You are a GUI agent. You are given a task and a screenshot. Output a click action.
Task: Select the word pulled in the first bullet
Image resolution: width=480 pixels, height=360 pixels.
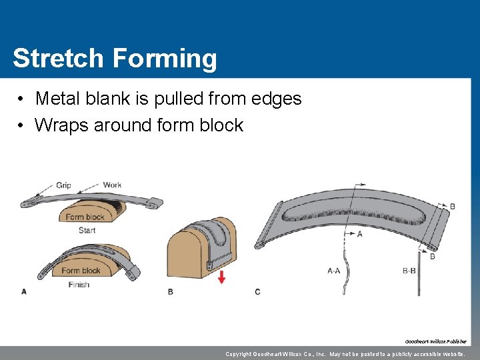pyautogui.click(x=177, y=99)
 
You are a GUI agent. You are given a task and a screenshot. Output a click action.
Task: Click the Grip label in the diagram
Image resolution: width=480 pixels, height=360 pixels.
pyautogui.click(x=63, y=185)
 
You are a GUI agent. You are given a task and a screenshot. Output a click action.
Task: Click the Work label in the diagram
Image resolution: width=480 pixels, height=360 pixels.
pyautogui.click(x=112, y=185)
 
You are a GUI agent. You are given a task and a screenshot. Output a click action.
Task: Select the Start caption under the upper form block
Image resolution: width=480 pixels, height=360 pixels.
pyautogui.click(x=87, y=230)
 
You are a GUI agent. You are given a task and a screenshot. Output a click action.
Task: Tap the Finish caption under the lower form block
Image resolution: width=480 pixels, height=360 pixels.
pyautogui.click(x=79, y=285)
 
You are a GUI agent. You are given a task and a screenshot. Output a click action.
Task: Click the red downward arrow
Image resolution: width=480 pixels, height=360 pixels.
pyautogui.click(x=221, y=277)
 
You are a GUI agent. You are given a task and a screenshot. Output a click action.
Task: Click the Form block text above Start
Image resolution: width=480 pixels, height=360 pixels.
pyautogui.click(x=85, y=217)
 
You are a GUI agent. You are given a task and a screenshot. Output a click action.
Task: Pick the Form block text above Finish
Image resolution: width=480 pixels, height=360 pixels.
pyautogui.click(x=81, y=271)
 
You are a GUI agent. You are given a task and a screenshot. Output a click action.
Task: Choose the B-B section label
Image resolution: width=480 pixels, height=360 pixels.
pyautogui.click(x=410, y=271)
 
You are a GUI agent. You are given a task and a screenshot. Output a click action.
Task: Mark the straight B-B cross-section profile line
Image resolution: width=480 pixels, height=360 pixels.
pyautogui.click(x=419, y=273)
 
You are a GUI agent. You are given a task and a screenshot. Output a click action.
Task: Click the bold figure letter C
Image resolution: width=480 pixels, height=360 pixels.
pyautogui.click(x=258, y=292)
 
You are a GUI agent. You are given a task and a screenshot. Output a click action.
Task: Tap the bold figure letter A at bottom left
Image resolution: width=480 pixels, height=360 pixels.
pyautogui.click(x=24, y=291)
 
